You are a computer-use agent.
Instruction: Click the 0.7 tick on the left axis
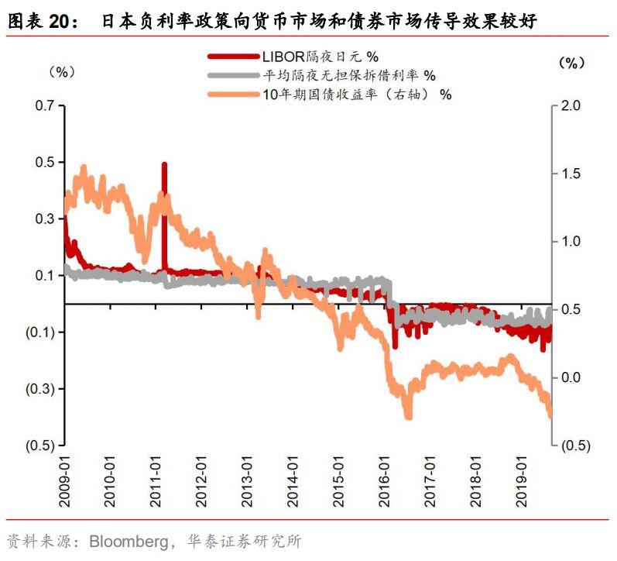click(45, 105)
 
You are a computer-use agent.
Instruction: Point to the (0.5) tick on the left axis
click(41, 446)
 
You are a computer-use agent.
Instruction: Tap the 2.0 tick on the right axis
click(571, 105)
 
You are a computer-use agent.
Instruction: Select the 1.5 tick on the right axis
click(571, 174)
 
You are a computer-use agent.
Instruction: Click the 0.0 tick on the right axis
click(571, 377)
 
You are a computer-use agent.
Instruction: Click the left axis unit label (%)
click(61, 71)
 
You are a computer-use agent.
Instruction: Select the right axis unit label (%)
click(571, 64)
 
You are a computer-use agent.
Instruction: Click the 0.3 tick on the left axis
click(45, 219)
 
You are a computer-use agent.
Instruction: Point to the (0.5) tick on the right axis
click(574, 446)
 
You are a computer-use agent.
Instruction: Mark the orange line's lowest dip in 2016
click(408, 417)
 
